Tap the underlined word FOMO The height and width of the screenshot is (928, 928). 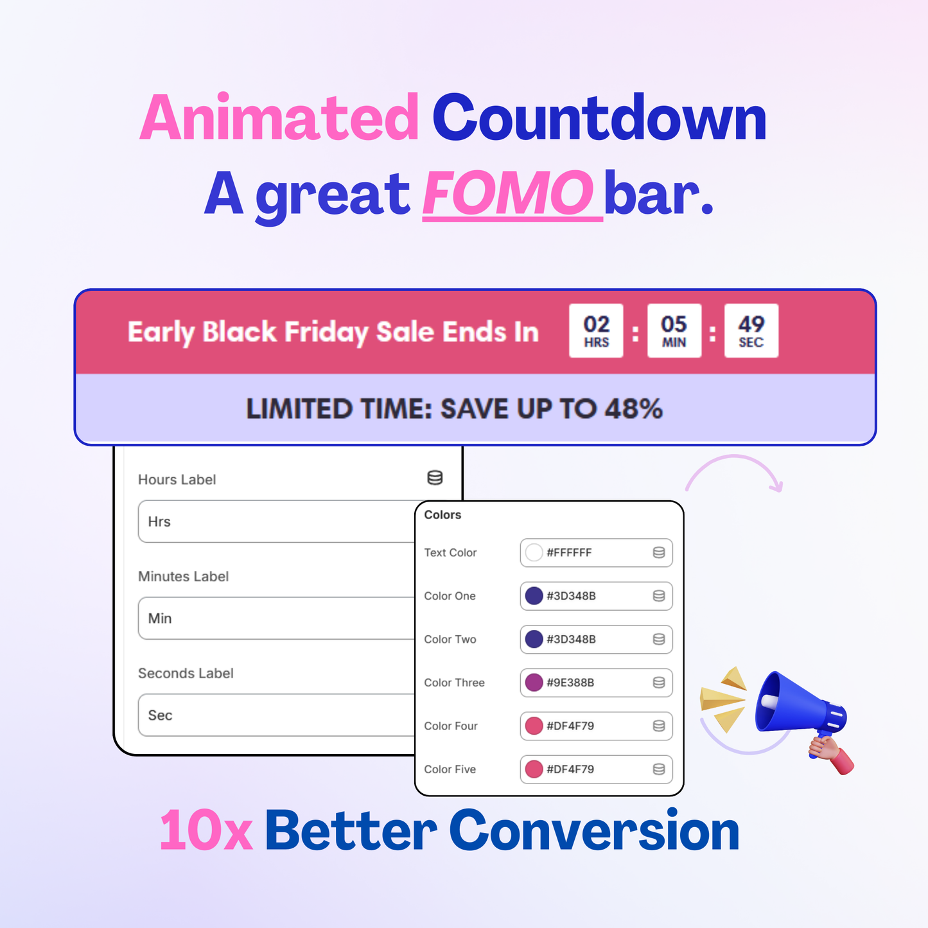tap(507, 193)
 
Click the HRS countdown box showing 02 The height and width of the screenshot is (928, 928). tap(596, 331)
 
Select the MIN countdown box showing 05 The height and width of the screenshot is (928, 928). tap(674, 331)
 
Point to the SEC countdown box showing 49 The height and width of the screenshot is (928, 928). tap(751, 331)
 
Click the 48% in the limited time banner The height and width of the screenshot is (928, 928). tap(633, 409)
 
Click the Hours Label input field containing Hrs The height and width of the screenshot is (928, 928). tap(276, 521)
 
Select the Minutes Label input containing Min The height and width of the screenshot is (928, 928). tap(276, 618)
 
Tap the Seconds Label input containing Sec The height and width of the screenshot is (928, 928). tap(276, 715)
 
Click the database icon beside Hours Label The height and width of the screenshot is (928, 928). tap(435, 478)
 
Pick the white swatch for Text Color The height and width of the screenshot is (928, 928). tap(534, 552)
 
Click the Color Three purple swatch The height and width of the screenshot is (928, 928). tap(534, 682)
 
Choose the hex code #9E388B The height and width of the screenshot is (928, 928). tap(570, 683)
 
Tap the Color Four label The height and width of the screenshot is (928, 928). tap(451, 726)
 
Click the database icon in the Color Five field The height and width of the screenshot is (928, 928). tap(658, 769)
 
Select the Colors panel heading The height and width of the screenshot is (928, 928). tap(442, 515)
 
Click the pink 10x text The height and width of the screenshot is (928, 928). tap(206, 831)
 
